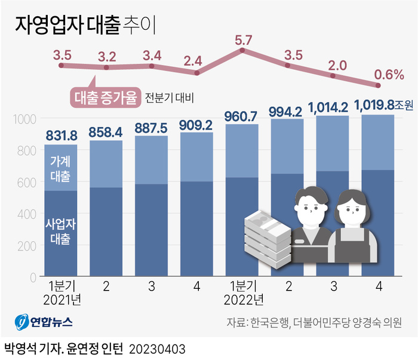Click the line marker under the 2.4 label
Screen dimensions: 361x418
tap(197, 73)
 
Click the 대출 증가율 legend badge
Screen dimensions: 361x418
tap(106, 97)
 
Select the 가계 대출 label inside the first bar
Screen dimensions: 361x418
tap(60, 168)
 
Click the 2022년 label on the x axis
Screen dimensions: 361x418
tap(242, 298)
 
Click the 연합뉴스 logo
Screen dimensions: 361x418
tap(44, 322)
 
